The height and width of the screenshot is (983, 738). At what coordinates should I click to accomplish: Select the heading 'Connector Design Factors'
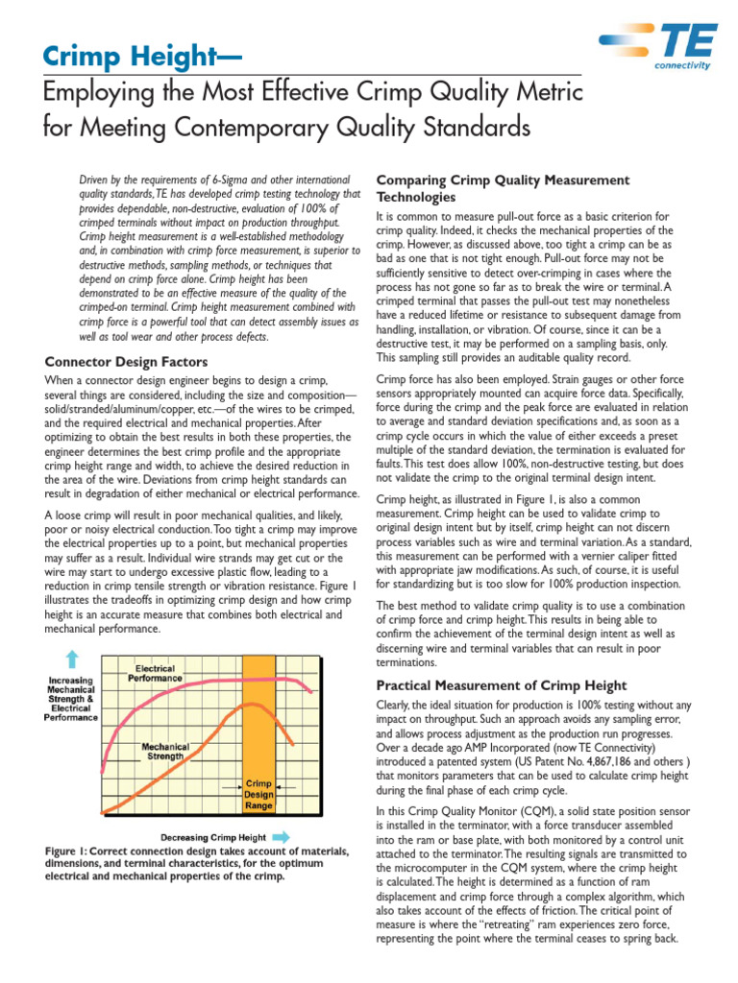pyautogui.click(x=127, y=362)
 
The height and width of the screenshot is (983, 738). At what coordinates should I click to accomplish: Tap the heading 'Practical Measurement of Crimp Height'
pyautogui.click(x=502, y=685)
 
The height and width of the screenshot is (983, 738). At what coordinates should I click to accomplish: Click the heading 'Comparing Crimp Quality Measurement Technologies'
pyautogui.click(x=502, y=188)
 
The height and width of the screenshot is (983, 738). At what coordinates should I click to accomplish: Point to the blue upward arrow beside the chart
pyautogui.click(x=71, y=659)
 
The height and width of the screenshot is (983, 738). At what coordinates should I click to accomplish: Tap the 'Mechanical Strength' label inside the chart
pyautogui.click(x=164, y=751)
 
